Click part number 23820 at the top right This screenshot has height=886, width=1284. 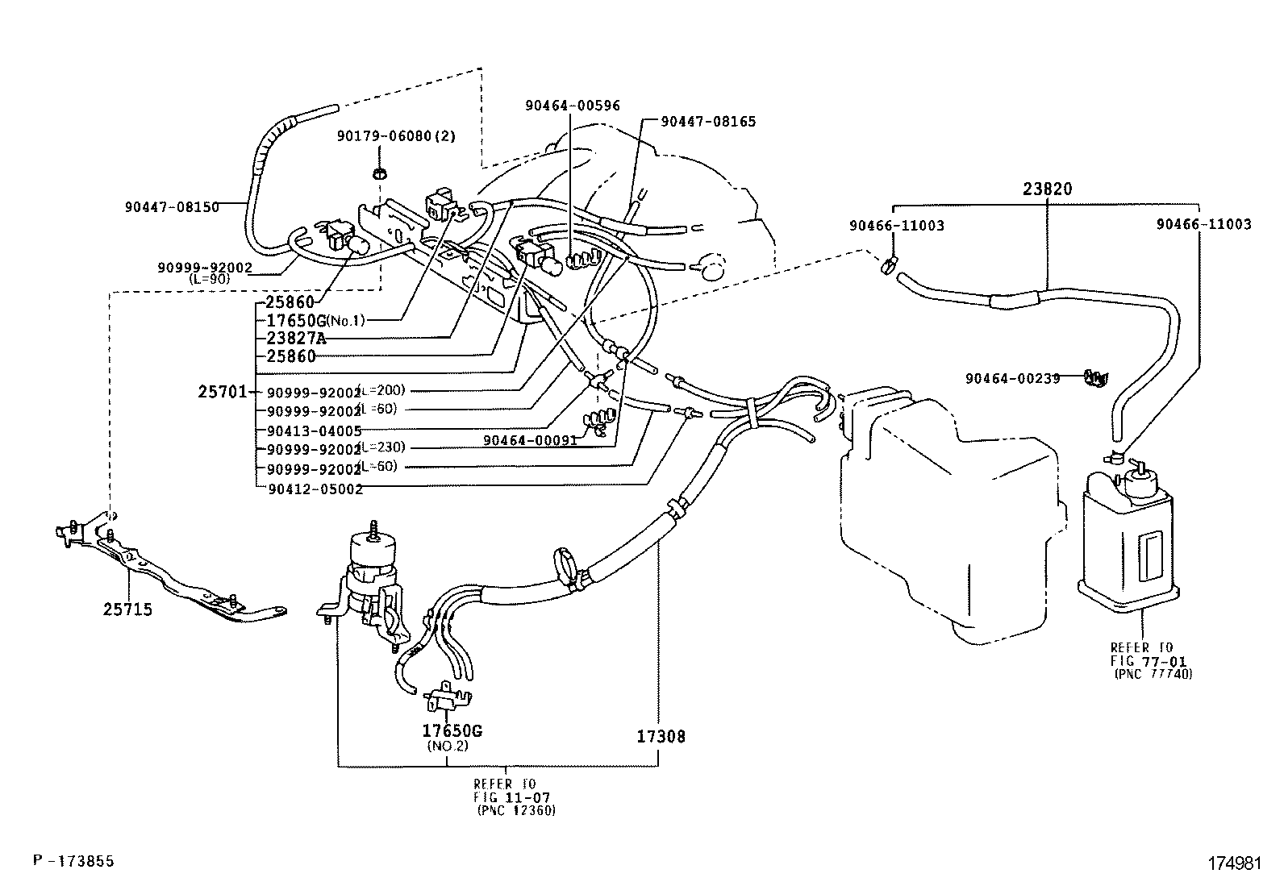click(x=1048, y=189)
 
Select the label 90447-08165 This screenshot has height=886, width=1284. click(x=708, y=122)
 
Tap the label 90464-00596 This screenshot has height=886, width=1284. click(x=573, y=106)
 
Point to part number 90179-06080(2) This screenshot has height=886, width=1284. click(x=396, y=136)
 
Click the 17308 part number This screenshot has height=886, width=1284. click(x=661, y=736)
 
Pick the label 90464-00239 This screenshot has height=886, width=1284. click(x=1012, y=378)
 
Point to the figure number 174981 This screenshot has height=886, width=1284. click(x=1232, y=863)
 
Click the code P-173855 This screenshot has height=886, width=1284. click(x=73, y=861)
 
